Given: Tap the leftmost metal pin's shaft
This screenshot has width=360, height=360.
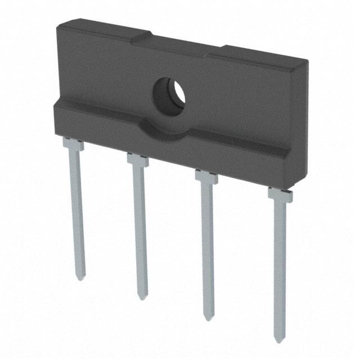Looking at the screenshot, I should pos(78,214).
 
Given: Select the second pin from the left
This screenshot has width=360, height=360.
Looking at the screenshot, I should pos(140,231).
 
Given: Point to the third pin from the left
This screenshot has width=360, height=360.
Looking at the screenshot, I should pos(208,247).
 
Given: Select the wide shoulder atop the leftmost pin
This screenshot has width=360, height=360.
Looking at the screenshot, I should pos(73,145).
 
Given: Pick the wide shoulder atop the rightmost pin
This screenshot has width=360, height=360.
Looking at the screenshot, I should pos(279,195).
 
